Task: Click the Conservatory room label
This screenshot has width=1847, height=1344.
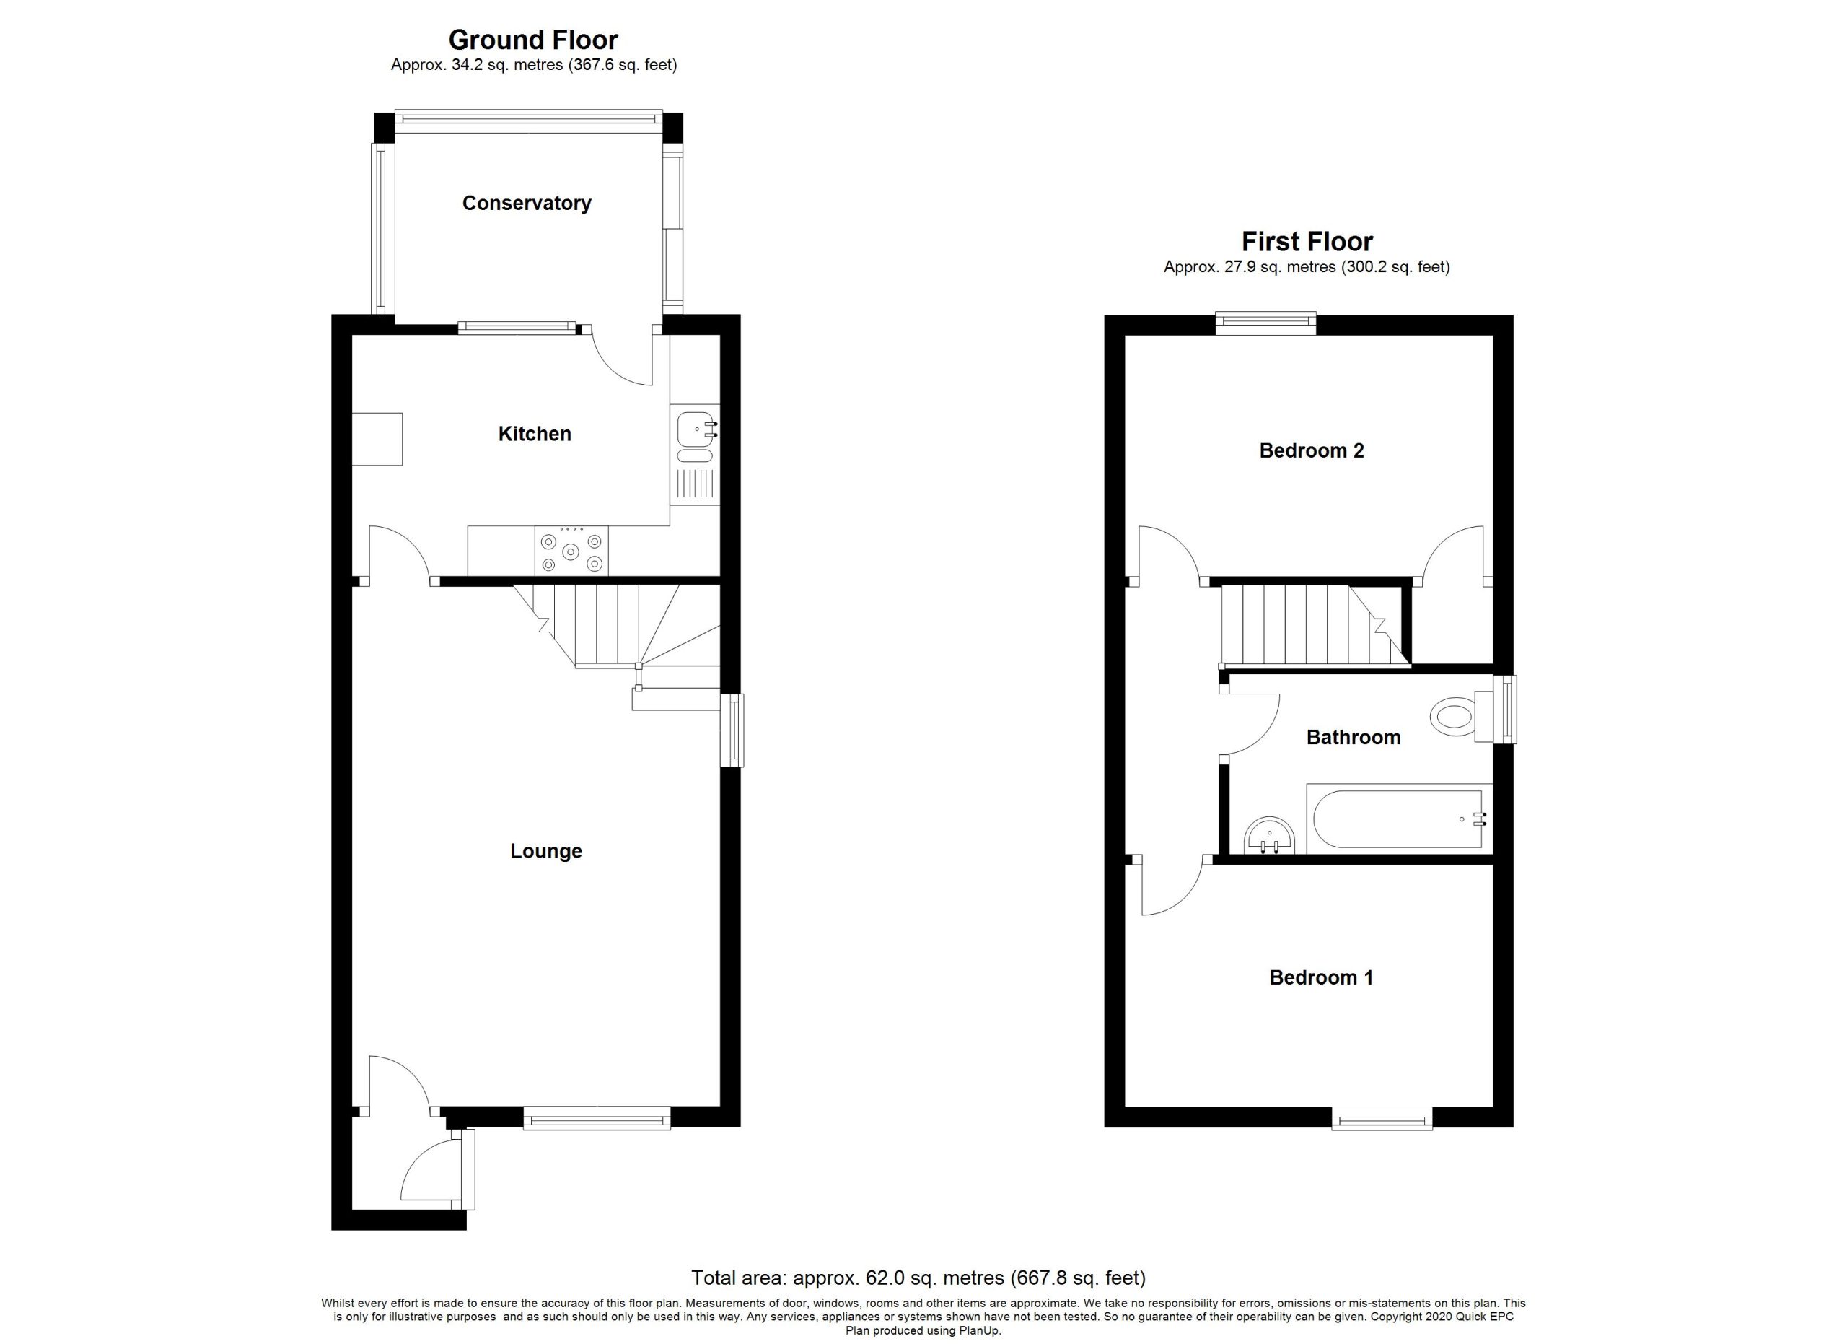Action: click(526, 204)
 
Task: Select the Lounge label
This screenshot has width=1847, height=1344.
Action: click(545, 852)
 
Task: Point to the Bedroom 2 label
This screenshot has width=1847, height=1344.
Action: click(1311, 450)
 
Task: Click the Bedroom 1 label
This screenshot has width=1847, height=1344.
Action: click(1321, 977)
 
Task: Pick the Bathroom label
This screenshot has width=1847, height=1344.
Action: click(1354, 737)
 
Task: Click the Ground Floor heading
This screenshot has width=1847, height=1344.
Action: click(533, 39)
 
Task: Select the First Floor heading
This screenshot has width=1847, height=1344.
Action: click(1307, 241)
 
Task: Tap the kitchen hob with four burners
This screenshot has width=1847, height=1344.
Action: click(571, 551)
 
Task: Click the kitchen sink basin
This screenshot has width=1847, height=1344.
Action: click(695, 429)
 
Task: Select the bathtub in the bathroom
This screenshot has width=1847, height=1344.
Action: click(1398, 819)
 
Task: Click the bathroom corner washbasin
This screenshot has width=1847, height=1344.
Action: click(1270, 837)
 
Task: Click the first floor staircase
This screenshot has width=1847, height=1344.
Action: click(1315, 626)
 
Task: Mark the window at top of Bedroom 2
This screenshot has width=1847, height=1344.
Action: click(1265, 323)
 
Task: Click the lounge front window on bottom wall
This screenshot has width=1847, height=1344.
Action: click(597, 1117)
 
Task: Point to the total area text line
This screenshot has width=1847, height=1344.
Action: click(918, 1277)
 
